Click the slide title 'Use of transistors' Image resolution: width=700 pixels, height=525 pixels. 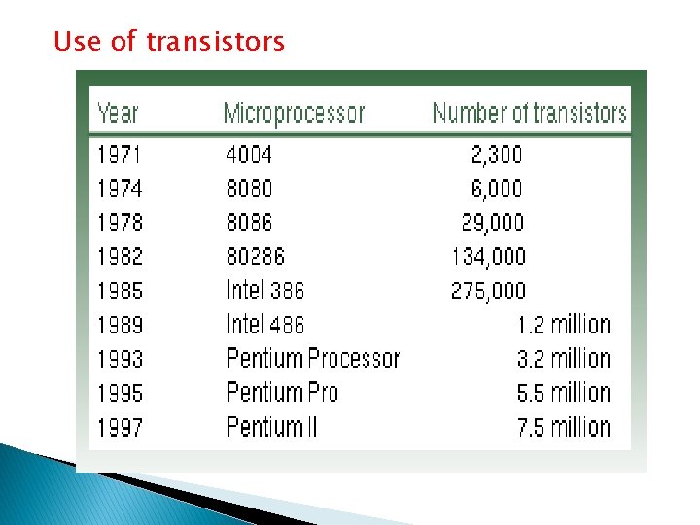coord(169,42)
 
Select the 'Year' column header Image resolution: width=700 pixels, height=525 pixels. coord(118,113)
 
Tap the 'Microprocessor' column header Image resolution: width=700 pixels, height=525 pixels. coord(294,113)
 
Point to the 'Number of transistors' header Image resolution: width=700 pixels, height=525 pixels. coord(529,113)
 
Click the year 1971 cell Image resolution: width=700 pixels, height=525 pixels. coord(120,154)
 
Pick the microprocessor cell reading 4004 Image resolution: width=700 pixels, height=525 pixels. coord(249,154)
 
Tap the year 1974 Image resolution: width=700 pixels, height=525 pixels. coord(120,188)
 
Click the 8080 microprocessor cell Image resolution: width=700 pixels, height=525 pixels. coord(249,188)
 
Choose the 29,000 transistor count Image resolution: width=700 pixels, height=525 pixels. coord(492,223)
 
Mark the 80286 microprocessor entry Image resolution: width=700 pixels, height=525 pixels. coord(255,257)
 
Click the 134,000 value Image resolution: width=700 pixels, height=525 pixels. coord(488,257)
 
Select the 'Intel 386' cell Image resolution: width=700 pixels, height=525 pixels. coord(264,291)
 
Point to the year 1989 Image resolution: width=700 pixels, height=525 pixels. coord(120,325)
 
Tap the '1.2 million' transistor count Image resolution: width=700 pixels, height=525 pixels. coord(563,325)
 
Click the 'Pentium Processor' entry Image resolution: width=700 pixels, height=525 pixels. coord(312,359)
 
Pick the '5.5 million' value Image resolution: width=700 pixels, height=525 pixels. coord(563,393)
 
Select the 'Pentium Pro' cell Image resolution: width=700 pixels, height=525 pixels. coord(281,393)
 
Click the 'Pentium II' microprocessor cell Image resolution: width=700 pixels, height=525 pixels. coord(271,427)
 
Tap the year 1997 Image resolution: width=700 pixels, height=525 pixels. coord(120,427)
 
